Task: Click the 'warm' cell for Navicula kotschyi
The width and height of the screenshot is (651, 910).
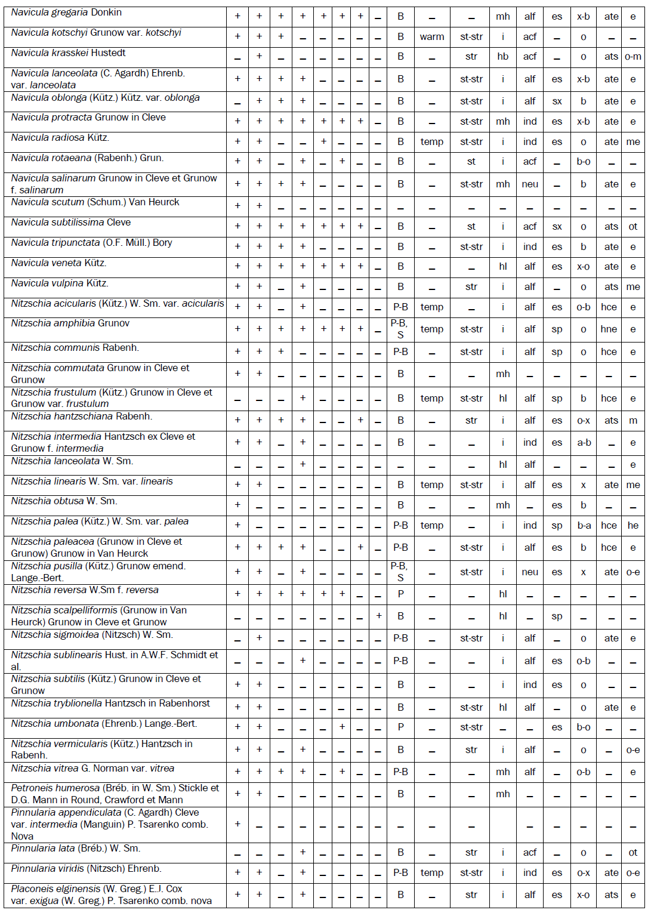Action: (x=431, y=37)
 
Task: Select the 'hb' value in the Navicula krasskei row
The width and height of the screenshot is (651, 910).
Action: (x=503, y=57)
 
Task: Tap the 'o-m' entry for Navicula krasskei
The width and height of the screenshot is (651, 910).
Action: (x=633, y=57)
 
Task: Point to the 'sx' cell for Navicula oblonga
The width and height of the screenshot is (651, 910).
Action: (x=557, y=101)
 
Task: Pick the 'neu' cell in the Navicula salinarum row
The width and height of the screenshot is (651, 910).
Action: (x=530, y=184)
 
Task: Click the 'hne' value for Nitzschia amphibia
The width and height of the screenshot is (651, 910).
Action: (x=609, y=329)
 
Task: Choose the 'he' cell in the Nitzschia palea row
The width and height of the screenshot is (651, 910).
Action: (x=633, y=526)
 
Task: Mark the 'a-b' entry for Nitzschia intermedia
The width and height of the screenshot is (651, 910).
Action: (x=584, y=443)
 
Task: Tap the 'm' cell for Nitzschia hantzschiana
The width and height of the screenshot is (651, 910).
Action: (x=633, y=421)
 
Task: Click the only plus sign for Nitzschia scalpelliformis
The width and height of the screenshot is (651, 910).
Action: (x=378, y=616)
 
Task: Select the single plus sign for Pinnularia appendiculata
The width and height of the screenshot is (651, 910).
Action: (x=237, y=824)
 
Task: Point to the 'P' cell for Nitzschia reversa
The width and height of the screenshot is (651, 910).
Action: (x=400, y=594)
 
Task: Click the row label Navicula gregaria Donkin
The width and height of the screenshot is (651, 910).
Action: (x=66, y=13)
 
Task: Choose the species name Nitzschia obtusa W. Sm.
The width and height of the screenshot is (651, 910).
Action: (x=64, y=501)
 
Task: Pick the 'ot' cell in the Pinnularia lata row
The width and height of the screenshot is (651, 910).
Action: (x=633, y=853)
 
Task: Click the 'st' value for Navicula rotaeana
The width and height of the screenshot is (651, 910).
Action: (x=471, y=162)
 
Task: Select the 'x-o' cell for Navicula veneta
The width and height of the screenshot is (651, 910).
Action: (x=584, y=267)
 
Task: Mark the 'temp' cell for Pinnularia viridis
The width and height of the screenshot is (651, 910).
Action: (x=431, y=873)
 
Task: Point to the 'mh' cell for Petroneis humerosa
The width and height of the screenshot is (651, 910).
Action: (x=503, y=794)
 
